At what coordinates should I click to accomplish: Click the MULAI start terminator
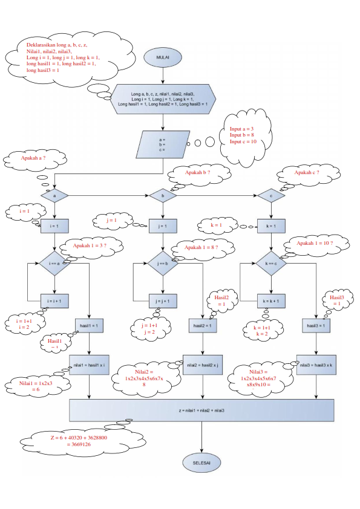click(x=163, y=57)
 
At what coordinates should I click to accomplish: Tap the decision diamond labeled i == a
click(x=55, y=264)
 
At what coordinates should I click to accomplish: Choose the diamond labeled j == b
click(x=162, y=264)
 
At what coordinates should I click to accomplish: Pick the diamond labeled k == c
click(x=270, y=264)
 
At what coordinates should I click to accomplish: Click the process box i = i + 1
click(x=55, y=300)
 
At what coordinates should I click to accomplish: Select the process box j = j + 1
click(x=162, y=300)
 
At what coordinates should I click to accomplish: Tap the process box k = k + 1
click(x=270, y=300)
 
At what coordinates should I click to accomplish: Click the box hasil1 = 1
click(x=90, y=326)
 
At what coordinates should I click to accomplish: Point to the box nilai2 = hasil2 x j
click(x=201, y=365)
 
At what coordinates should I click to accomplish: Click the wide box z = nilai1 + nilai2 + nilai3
click(x=201, y=410)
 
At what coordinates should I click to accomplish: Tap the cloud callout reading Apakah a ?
click(x=34, y=159)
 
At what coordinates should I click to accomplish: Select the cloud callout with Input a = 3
click(x=243, y=135)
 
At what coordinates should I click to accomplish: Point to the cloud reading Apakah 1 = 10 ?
click(x=315, y=244)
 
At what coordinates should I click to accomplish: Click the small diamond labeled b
click(x=162, y=196)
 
